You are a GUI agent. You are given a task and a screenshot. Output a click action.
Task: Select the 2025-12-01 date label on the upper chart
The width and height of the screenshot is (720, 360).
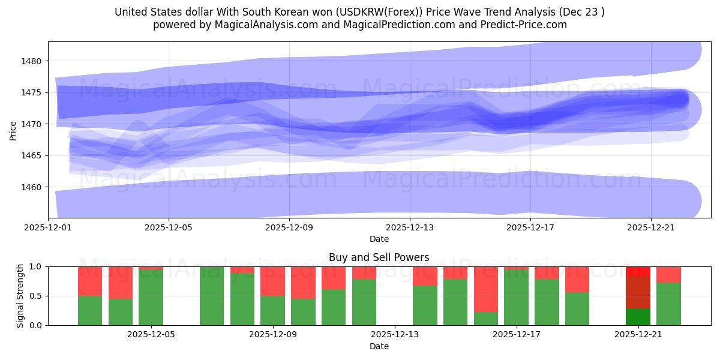48,228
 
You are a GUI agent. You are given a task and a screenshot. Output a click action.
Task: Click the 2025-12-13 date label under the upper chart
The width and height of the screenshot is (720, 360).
410,228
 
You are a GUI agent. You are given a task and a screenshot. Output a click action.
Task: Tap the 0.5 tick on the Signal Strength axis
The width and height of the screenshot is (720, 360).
36,296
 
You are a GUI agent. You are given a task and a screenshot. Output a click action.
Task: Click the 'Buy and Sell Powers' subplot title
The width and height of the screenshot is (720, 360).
379,257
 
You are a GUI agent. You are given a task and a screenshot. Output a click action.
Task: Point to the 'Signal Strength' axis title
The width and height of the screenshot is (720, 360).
20,296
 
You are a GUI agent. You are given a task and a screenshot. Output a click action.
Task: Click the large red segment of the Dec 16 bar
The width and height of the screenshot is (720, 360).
486,289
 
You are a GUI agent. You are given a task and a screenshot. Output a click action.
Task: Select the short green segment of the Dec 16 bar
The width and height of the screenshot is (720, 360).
486,319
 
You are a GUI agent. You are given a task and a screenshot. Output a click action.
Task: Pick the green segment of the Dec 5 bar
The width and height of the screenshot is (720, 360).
151,298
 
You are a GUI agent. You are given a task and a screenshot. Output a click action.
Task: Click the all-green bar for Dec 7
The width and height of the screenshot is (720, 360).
212,296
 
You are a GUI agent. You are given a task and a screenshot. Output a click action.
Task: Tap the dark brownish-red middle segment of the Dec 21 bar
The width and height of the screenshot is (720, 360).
638,292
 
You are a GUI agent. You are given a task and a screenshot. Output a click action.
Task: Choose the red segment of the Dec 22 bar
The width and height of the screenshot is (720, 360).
668,274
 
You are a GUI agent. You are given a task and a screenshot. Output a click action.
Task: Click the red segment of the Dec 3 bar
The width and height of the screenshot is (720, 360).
90,281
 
